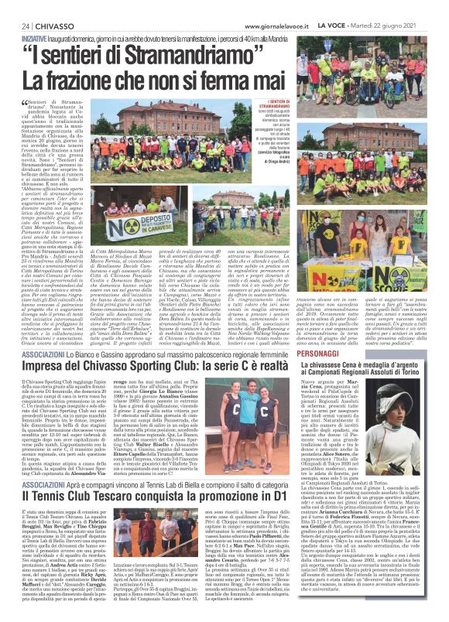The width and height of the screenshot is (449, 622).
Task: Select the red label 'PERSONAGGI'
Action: click(335, 350)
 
